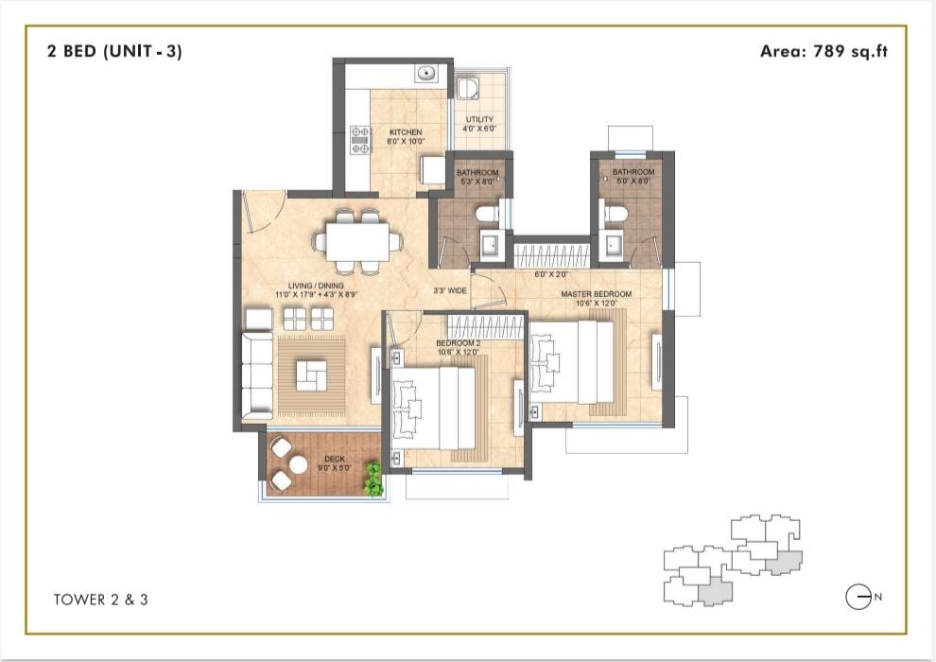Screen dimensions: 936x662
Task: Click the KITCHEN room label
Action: click(x=406, y=131)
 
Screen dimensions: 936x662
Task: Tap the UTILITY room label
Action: click(x=480, y=119)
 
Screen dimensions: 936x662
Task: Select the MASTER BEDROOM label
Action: click(x=597, y=294)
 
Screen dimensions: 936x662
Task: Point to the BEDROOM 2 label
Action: click(x=459, y=343)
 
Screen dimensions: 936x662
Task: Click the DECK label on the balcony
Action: click(x=335, y=459)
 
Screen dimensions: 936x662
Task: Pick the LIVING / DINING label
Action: click(x=316, y=286)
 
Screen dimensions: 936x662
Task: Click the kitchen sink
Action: click(x=426, y=74)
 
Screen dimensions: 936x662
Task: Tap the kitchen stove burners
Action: click(x=360, y=140)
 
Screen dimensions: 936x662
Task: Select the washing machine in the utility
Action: click(x=466, y=88)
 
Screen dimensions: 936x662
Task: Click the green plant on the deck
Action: click(x=373, y=479)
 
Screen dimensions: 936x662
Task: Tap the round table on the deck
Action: click(x=297, y=464)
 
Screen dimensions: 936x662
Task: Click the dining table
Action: click(x=357, y=241)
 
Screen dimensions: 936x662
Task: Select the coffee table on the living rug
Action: click(x=312, y=375)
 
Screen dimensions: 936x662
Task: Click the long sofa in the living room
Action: click(x=257, y=376)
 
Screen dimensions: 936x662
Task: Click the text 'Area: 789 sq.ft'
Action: click(x=823, y=51)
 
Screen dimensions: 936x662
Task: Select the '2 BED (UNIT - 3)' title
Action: click(x=114, y=51)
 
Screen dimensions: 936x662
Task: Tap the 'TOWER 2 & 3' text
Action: click(x=101, y=600)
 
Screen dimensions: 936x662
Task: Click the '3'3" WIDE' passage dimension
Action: click(x=450, y=290)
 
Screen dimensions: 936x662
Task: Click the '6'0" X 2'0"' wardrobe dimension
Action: click(x=551, y=274)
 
